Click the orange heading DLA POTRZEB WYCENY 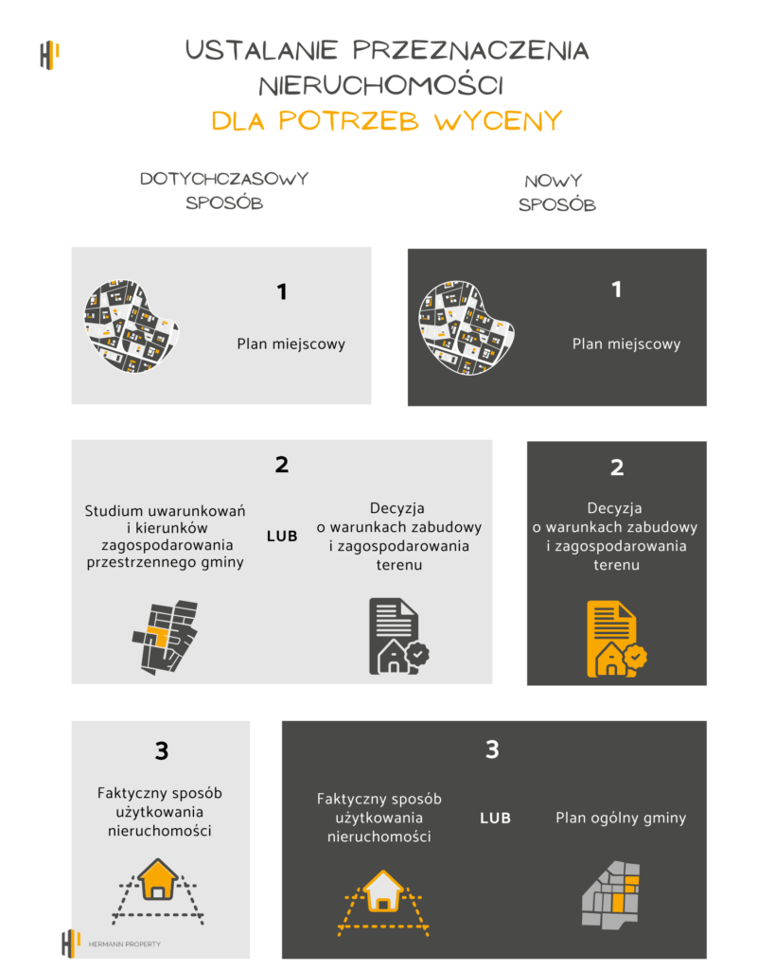(387, 121)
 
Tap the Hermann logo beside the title (49, 55)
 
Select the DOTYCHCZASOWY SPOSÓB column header (224, 190)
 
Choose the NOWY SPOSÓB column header (557, 192)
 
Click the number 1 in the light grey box (281, 292)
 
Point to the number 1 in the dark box (617, 290)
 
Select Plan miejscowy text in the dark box (625, 344)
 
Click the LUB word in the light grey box (282, 536)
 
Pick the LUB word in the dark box (495, 818)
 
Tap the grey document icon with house (396, 636)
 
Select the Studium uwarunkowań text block (165, 536)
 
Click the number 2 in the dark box (617, 467)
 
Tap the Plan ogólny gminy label (620, 818)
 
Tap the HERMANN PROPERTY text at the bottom (122, 943)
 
